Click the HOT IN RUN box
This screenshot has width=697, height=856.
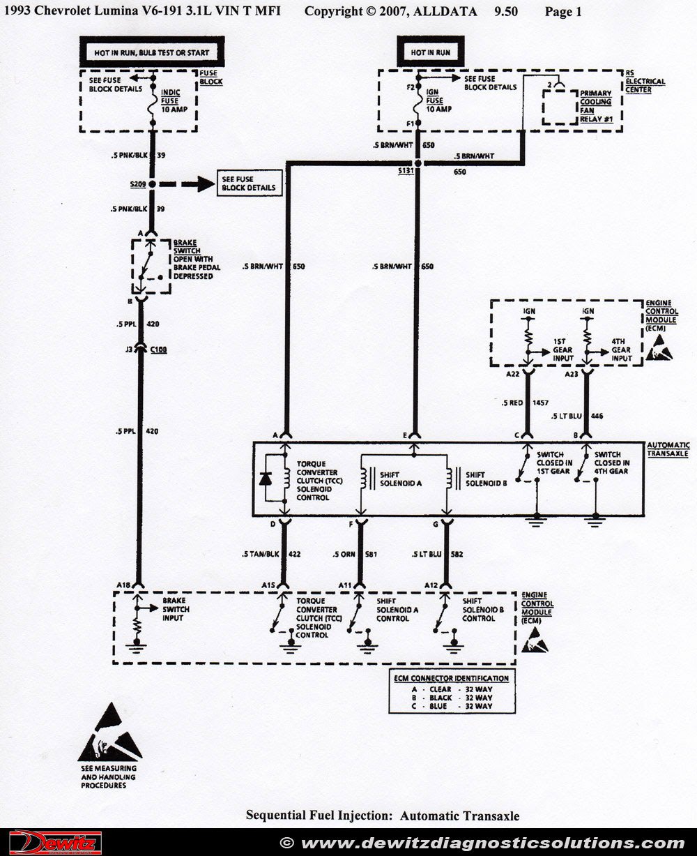[430, 52]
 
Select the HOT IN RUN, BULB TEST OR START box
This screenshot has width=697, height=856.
[151, 52]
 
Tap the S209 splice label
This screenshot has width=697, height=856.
[137, 184]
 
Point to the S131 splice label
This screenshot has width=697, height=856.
[405, 170]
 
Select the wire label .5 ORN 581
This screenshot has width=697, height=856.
[355, 555]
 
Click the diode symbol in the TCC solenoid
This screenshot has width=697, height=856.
[266, 478]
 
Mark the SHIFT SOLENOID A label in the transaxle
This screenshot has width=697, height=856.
[401, 479]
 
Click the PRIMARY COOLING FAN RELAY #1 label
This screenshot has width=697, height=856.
[596, 106]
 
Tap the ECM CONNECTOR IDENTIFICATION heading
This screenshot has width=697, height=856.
[452, 678]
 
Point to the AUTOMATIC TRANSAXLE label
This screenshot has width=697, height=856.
[668, 449]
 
